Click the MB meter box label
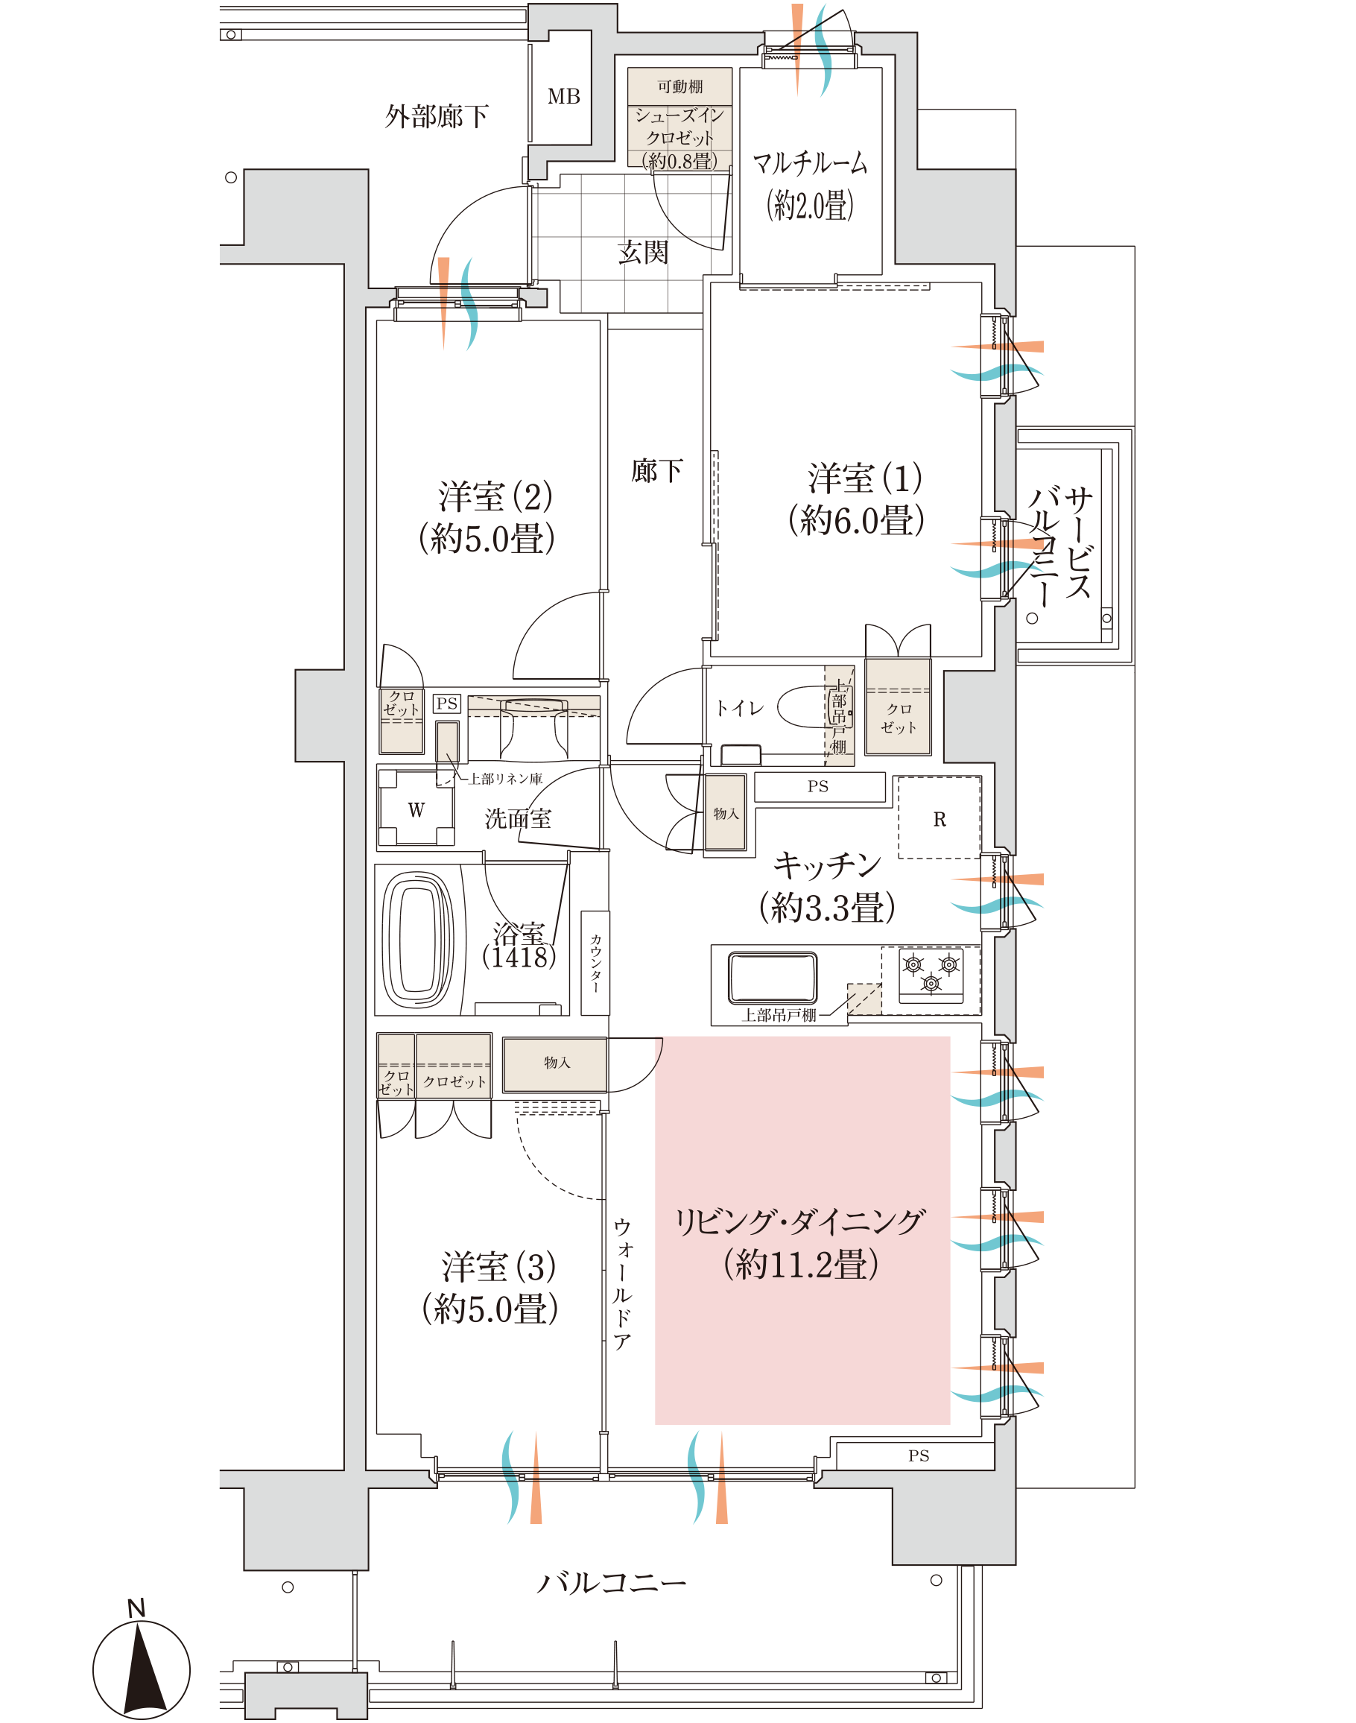coord(564,96)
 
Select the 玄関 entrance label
coord(643,253)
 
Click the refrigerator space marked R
coord(940,818)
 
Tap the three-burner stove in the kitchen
coord(931,974)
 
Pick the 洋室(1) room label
coord(857,499)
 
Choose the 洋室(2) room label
coord(487,518)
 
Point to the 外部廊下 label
coord(437,117)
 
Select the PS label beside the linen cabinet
coord(447,704)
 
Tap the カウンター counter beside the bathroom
coord(595,963)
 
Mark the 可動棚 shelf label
coord(679,86)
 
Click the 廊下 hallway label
coord(656,471)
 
